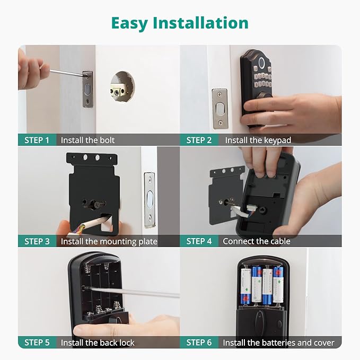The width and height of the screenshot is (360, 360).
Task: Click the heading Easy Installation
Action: click(180, 23)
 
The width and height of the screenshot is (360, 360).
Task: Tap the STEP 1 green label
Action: click(37, 140)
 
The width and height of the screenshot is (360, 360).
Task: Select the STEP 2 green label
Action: click(199, 140)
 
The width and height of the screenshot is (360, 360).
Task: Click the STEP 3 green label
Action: click(37, 241)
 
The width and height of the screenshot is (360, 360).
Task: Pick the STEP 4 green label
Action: click(199, 241)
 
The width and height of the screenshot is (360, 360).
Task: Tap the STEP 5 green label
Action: click(37, 343)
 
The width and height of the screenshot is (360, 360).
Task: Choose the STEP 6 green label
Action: click(199, 343)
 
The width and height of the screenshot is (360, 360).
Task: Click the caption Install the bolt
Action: click(87, 140)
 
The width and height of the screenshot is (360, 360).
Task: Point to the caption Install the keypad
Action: click(258, 140)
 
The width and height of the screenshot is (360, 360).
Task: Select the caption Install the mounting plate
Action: click(109, 241)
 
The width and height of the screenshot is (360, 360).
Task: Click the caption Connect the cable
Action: click(257, 241)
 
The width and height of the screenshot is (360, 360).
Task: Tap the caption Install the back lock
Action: click(98, 343)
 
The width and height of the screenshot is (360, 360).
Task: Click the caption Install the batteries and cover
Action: click(278, 343)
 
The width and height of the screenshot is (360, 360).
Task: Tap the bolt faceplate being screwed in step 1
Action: click(87, 89)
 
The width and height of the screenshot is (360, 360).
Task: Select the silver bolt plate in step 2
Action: click(219, 108)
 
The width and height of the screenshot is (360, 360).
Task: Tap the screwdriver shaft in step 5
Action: click(133, 292)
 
